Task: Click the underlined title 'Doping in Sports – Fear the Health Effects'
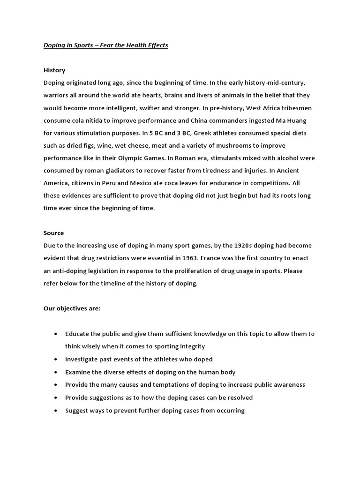(x=105, y=45)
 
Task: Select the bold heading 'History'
(x=54, y=70)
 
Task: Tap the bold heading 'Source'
(x=53, y=233)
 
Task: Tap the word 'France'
(x=226, y=258)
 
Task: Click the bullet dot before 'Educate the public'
(x=56, y=334)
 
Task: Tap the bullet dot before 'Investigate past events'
(x=56, y=360)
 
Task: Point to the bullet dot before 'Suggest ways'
(x=56, y=410)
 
